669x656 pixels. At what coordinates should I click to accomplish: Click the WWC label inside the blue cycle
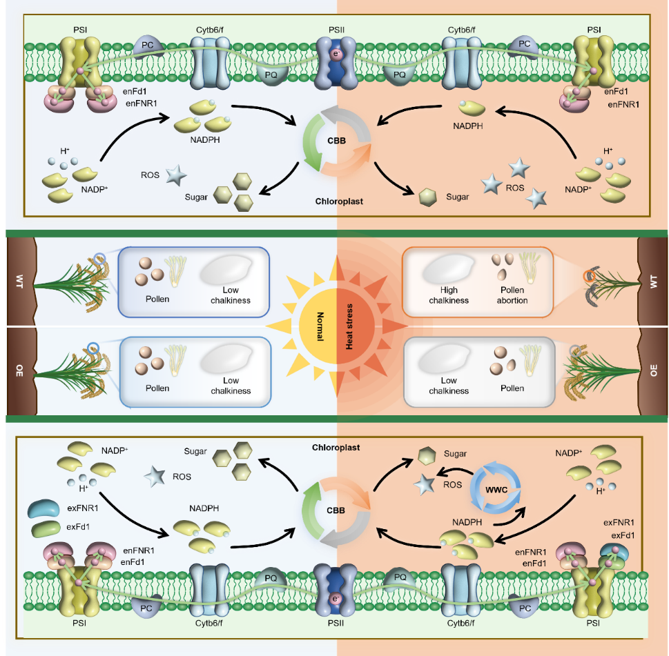click(496, 490)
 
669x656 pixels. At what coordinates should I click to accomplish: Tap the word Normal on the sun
click(320, 326)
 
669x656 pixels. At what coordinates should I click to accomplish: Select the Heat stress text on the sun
click(349, 326)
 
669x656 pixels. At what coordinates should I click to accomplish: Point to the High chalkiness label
click(449, 295)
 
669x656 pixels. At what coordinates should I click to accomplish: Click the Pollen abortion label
click(512, 295)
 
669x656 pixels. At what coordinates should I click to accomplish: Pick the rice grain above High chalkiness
click(449, 268)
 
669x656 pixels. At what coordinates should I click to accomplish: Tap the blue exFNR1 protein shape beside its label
click(43, 508)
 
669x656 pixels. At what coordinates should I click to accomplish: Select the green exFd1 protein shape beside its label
click(46, 528)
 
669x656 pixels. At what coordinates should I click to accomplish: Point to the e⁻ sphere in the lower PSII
click(336, 599)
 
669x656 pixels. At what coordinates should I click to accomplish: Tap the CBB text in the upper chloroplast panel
click(337, 141)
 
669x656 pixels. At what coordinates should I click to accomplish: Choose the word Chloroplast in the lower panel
click(336, 448)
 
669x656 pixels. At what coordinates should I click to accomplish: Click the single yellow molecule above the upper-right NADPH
click(472, 108)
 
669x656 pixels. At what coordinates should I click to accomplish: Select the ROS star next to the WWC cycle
click(425, 485)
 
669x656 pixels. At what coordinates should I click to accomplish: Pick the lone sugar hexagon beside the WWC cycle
click(427, 456)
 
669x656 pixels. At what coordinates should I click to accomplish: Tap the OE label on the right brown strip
click(654, 371)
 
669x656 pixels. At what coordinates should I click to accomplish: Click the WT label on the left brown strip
click(19, 281)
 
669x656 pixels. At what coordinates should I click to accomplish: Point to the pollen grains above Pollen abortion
click(503, 266)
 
